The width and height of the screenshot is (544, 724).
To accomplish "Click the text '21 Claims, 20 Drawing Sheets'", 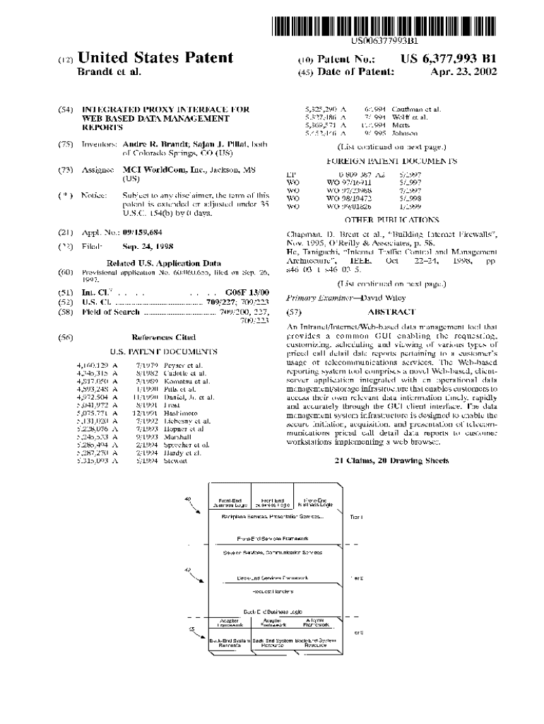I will click(383, 460).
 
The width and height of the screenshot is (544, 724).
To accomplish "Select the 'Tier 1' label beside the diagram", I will click(356, 518).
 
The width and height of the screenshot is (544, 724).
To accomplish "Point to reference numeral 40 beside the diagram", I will click(187, 500).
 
